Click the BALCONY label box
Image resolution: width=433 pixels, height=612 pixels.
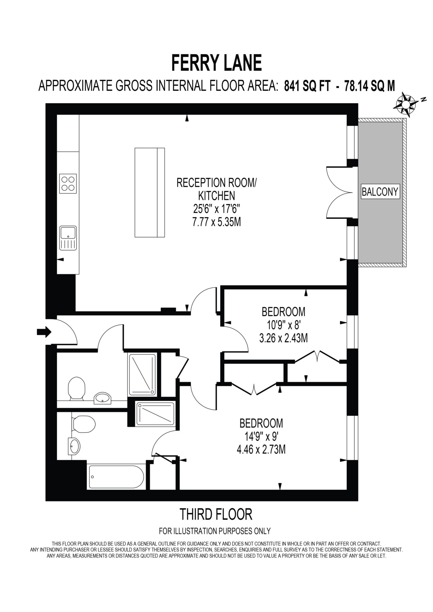pyautogui.click(x=380, y=192)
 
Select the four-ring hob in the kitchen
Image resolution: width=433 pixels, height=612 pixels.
pyautogui.click(x=68, y=183)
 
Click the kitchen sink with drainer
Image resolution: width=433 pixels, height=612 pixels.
pyautogui.click(x=68, y=238)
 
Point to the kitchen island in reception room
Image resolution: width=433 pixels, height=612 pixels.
pyautogui.click(x=150, y=192)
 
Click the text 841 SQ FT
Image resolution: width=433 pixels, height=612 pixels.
pyautogui.click(x=307, y=86)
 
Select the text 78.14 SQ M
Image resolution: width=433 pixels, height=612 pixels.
pyautogui.click(x=369, y=86)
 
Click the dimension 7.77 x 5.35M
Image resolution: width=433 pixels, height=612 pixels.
pyautogui.click(x=216, y=222)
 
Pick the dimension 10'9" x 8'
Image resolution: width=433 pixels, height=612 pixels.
pyautogui.click(x=283, y=325)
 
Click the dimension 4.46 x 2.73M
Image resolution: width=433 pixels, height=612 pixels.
pyautogui.click(x=261, y=450)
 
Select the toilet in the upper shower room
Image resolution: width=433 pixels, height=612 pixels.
pyautogui.click(x=76, y=388)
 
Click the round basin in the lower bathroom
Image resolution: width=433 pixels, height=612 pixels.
pyautogui.click(x=74, y=446)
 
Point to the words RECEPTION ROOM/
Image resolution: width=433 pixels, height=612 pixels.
pyautogui.click(x=216, y=183)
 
